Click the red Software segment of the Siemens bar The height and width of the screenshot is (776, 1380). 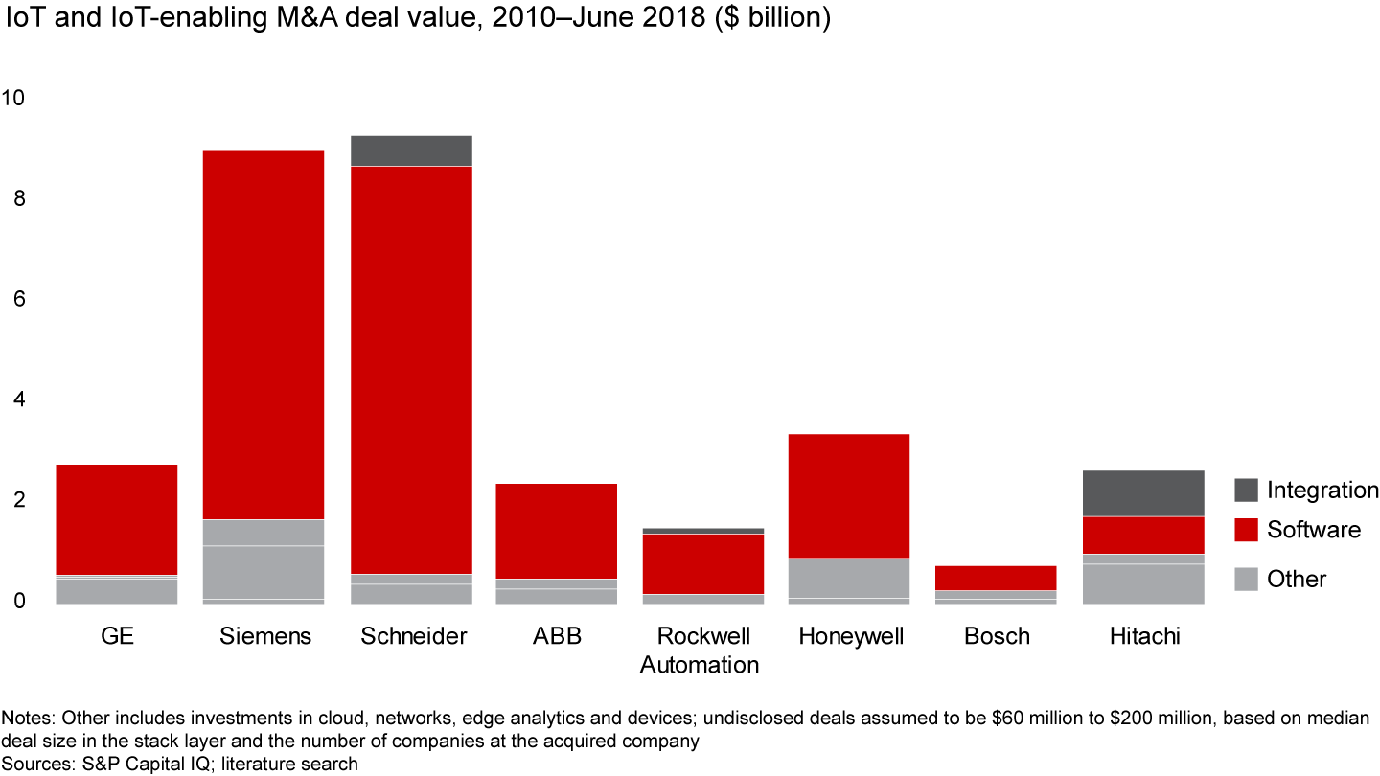coord(265,335)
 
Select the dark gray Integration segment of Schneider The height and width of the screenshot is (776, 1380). coord(410,150)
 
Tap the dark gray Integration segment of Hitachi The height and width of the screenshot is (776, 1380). coord(1143,493)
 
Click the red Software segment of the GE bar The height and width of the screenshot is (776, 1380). coord(117,519)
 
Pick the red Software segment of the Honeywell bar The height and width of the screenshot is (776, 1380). coord(849,495)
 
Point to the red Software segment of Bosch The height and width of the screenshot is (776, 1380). coord(997,578)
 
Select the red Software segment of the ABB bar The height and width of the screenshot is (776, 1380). coord(557,531)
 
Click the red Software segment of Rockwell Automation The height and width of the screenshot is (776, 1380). coord(703,563)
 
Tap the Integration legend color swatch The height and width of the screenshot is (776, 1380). coord(1246,491)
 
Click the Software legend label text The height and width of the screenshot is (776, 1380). coord(1313,530)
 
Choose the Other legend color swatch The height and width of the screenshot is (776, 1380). coord(1246,579)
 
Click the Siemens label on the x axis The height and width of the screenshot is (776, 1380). coord(265,637)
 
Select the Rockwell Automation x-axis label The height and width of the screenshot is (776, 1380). coord(700,650)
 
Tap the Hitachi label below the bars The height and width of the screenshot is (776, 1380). coord(1143,637)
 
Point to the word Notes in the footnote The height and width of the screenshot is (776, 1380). coord(27,718)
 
